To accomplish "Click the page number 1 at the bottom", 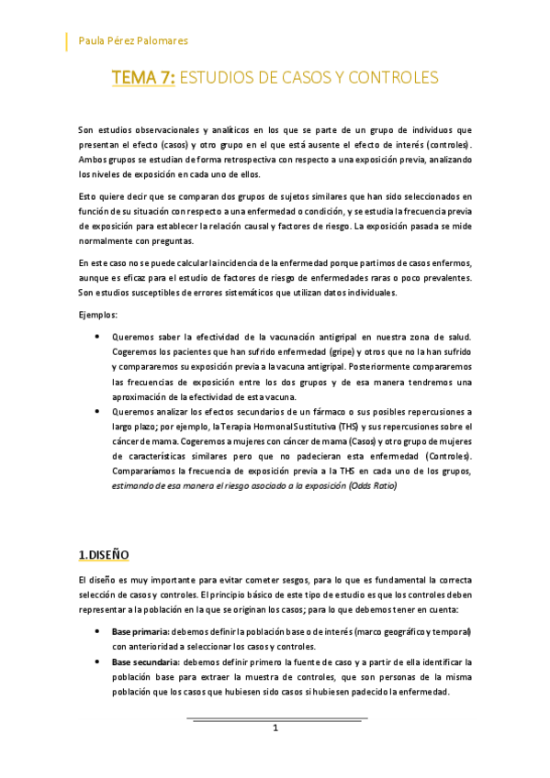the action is point(275,728).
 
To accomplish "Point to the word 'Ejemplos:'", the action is point(99,315).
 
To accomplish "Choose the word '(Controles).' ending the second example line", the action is point(442,456).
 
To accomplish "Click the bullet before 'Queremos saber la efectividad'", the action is point(97,338).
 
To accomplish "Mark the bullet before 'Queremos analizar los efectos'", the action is point(97,412).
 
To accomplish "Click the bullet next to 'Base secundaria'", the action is point(97,661).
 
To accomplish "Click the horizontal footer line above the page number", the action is point(276,718).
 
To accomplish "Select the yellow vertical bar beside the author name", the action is point(66,41).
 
